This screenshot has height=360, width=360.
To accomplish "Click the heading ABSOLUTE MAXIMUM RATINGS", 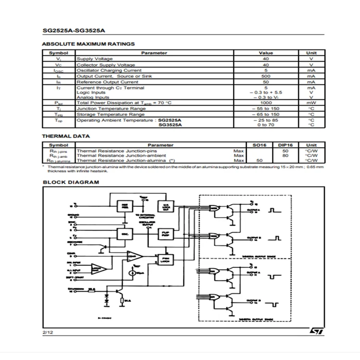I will tap(88, 44).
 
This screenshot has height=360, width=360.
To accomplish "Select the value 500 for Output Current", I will tap(266, 76).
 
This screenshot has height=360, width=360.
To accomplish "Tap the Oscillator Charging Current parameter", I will tap(109, 70).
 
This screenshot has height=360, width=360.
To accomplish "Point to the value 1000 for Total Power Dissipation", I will tap(266, 103).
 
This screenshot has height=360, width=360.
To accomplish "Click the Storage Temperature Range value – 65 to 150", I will tap(266, 114).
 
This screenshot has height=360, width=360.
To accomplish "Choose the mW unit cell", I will tap(311, 103).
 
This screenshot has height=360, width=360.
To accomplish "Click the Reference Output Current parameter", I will tap(107, 82).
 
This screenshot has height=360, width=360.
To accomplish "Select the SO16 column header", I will tap(260, 145).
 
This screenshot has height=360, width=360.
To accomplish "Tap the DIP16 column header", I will tap(285, 145).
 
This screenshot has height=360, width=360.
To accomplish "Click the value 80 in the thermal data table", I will tap(285, 155).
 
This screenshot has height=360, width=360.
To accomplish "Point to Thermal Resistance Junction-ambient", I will tap(121, 155).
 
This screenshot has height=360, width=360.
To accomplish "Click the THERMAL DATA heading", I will tap(66, 136).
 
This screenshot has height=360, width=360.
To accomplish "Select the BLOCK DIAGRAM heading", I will tap(70, 182).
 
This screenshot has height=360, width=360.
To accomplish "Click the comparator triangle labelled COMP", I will tap(133, 255).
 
